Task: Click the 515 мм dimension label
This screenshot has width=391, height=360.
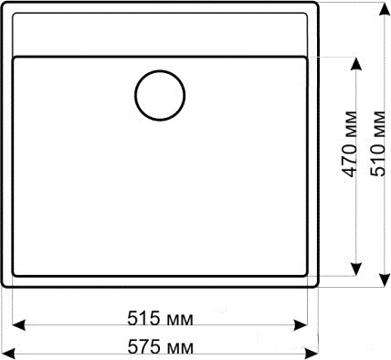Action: click(x=160, y=319)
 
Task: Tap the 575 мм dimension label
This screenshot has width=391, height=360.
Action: click(x=160, y=347)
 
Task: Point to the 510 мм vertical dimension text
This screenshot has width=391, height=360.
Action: click(x=378, y=143)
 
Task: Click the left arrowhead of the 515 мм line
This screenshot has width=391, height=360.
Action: click(x=19, y=325)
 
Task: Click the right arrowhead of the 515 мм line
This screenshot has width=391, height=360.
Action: click(x=300, y=325)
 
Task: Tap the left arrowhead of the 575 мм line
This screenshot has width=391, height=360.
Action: click(x=8, y=354)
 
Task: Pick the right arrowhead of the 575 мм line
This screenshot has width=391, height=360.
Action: click(x=312, y=354)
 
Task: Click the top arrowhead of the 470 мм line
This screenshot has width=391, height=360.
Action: click(x=356, y=64)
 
